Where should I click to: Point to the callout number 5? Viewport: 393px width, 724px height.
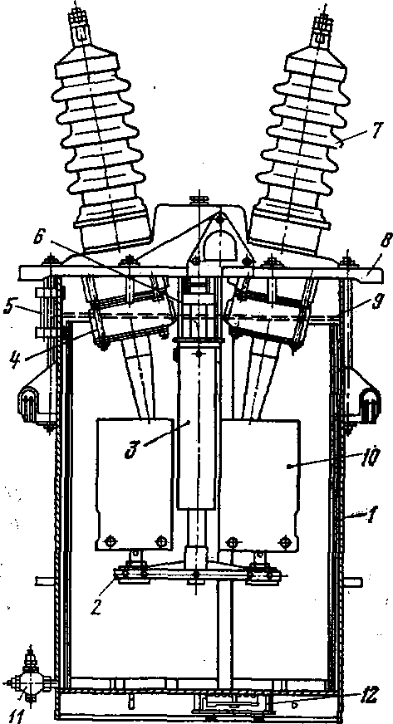[x=8, y=307]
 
